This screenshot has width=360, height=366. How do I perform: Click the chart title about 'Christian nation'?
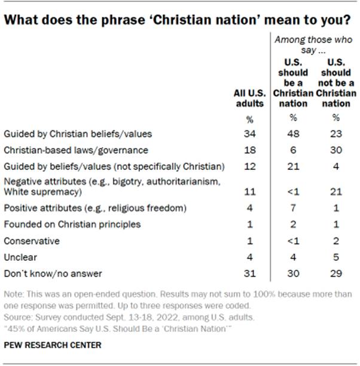(177, 20)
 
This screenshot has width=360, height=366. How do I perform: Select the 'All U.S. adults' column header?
(248, 99)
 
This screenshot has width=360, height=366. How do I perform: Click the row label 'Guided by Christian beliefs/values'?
(69, 135)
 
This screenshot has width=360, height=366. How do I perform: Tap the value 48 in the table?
(293, 135)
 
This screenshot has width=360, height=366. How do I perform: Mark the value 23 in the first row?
(336, 135)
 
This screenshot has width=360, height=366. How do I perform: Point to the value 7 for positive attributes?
(293, 209)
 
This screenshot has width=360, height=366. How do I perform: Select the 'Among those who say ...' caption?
(315, 44)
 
